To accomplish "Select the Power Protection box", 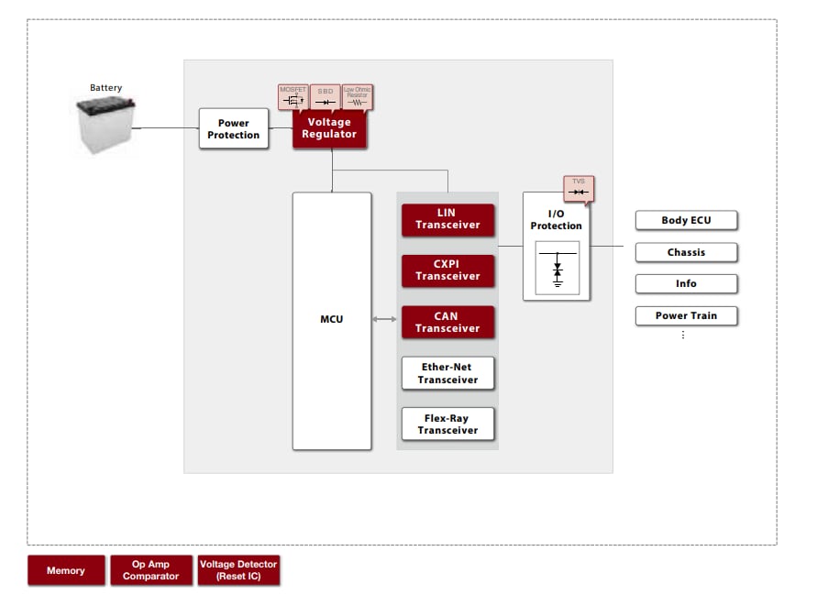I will click(234, 129).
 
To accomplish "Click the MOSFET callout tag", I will click(293, 96).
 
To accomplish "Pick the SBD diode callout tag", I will click(325, 96).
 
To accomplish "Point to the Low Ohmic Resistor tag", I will click(357, 96).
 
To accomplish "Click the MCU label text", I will click(332, 319).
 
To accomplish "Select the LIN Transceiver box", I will click(447, 219).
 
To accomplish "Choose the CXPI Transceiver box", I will click(447, 270).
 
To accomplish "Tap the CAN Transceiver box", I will click(447, 322).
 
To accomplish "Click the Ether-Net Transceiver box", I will click(447, 373).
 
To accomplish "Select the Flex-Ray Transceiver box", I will click(447, 424).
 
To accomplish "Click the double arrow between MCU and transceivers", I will click(386, 319).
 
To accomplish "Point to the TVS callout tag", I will click(579, 188).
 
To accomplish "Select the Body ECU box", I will click(686, 220).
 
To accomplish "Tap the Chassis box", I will click(686, 252).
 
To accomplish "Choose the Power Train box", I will click(686, 315).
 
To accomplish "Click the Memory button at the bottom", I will click(66, 570).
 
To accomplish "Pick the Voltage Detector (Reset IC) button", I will click(238, 570).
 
